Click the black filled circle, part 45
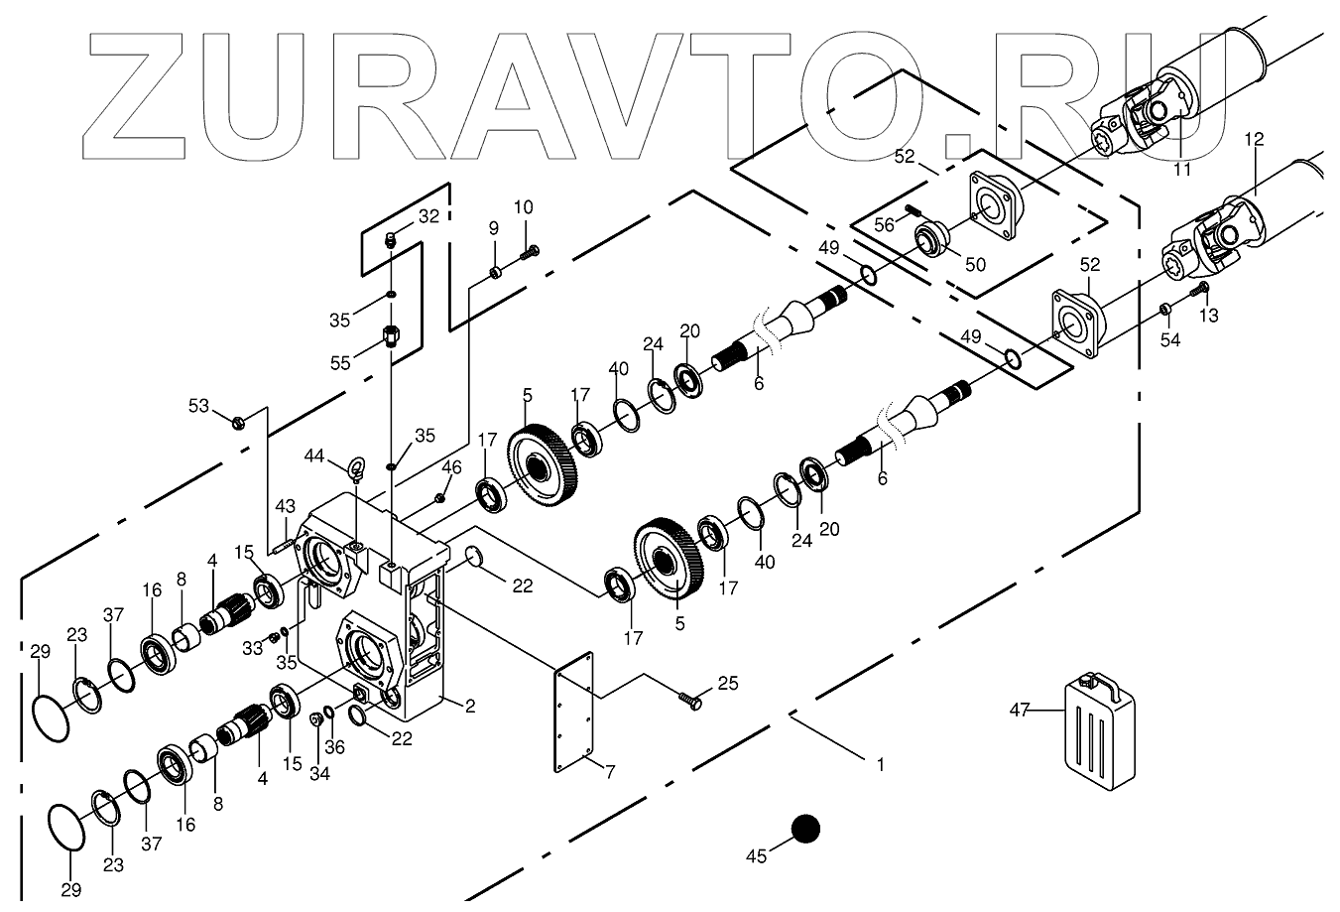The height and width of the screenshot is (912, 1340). [805, 830]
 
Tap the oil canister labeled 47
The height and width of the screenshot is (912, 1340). [1098, 729]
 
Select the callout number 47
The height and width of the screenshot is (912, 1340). [1021, 710]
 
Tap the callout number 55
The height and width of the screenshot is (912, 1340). [340, 364]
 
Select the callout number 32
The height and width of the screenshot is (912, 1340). [427, 216]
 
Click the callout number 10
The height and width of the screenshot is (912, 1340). [523, 207]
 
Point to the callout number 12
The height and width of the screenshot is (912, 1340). [1254, 140]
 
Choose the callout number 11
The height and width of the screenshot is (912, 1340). [1181, 170]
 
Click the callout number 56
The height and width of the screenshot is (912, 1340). [884, 225]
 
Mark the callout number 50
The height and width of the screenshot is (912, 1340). [975, 265]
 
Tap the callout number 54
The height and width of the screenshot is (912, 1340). [1170, 340]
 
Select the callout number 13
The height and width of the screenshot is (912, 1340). [1208, 316]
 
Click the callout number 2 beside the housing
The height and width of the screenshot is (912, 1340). [470, 707]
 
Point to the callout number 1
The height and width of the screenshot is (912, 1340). [879, 764]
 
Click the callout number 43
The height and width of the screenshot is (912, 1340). [285, 506]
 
